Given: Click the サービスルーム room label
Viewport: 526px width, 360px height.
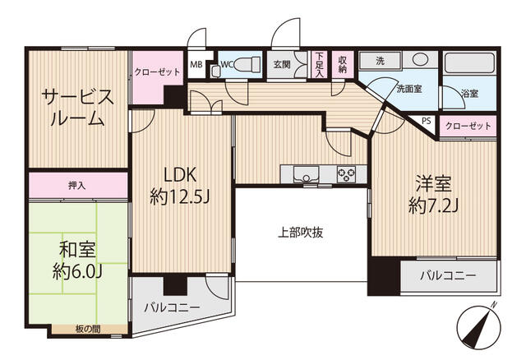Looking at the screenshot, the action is (x=77, y=108).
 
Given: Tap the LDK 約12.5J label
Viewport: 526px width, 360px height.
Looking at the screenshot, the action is (x=180, y=186).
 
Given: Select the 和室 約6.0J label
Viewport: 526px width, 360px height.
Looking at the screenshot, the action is (x=77, y=261).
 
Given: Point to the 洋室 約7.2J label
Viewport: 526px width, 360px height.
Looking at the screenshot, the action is (x=433, y=195).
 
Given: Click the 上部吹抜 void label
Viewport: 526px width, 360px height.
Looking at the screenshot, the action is (x=301, y=232).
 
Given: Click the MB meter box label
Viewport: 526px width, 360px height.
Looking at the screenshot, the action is (x=196, y=64).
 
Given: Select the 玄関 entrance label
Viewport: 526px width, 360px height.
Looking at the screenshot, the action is (x=282, y=64).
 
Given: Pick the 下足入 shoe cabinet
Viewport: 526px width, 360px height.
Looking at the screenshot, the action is (x=319, y=64).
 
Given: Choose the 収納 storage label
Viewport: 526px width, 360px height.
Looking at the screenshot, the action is (x=342, y=64).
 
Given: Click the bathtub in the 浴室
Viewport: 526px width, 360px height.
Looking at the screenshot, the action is (x=469, y=62).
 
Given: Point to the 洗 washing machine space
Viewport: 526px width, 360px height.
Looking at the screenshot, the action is (x=380, y=61).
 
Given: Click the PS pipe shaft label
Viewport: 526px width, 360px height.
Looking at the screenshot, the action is (x=427, y=121).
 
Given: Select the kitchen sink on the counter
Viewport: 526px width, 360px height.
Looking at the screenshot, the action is (x=306, y=174).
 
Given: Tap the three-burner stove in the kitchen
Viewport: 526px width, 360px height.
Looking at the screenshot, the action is (x=346, y=174).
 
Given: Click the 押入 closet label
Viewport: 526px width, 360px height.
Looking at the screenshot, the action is (x=77, y=185).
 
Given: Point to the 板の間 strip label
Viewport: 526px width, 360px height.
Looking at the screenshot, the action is (x=88, y=330).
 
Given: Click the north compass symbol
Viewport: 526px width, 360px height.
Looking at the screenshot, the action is (x=479, y=326).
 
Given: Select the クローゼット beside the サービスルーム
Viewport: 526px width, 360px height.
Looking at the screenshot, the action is (x=157, y=72).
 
